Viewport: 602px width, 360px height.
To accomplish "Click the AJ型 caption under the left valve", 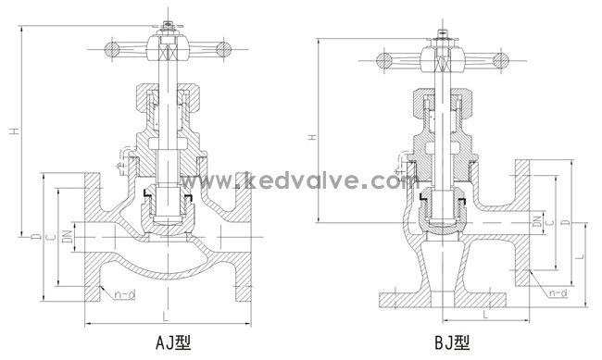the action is (x=173, y=342).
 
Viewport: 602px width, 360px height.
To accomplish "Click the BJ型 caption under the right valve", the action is (x=452, y=342).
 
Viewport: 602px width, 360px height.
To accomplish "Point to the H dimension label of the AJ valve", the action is (x=15, y=131).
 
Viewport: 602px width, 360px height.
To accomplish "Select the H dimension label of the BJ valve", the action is (x=314, y=137).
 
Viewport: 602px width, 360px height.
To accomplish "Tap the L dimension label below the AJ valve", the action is (x=166, y=316).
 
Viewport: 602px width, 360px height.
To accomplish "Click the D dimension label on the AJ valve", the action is (x=36, y=236).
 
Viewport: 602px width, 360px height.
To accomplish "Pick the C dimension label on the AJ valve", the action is (x=51, y=237).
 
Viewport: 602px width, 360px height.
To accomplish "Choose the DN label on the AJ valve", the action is (x=67, y=236).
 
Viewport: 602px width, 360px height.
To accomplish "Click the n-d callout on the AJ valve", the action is (x=125, y=294).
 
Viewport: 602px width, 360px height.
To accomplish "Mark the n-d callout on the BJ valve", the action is (x=558, y=293).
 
